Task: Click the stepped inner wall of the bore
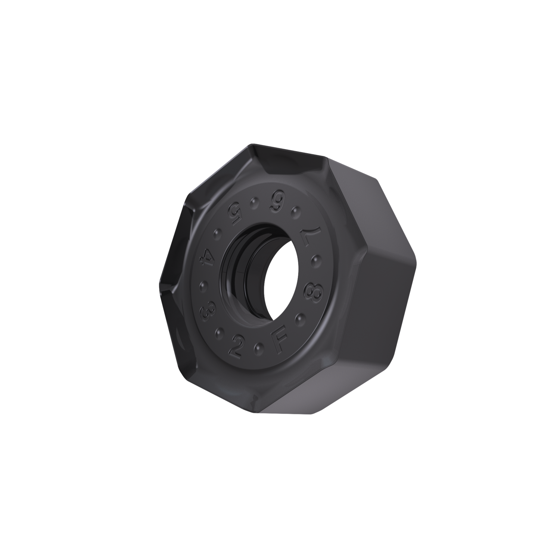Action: point(239,269)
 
